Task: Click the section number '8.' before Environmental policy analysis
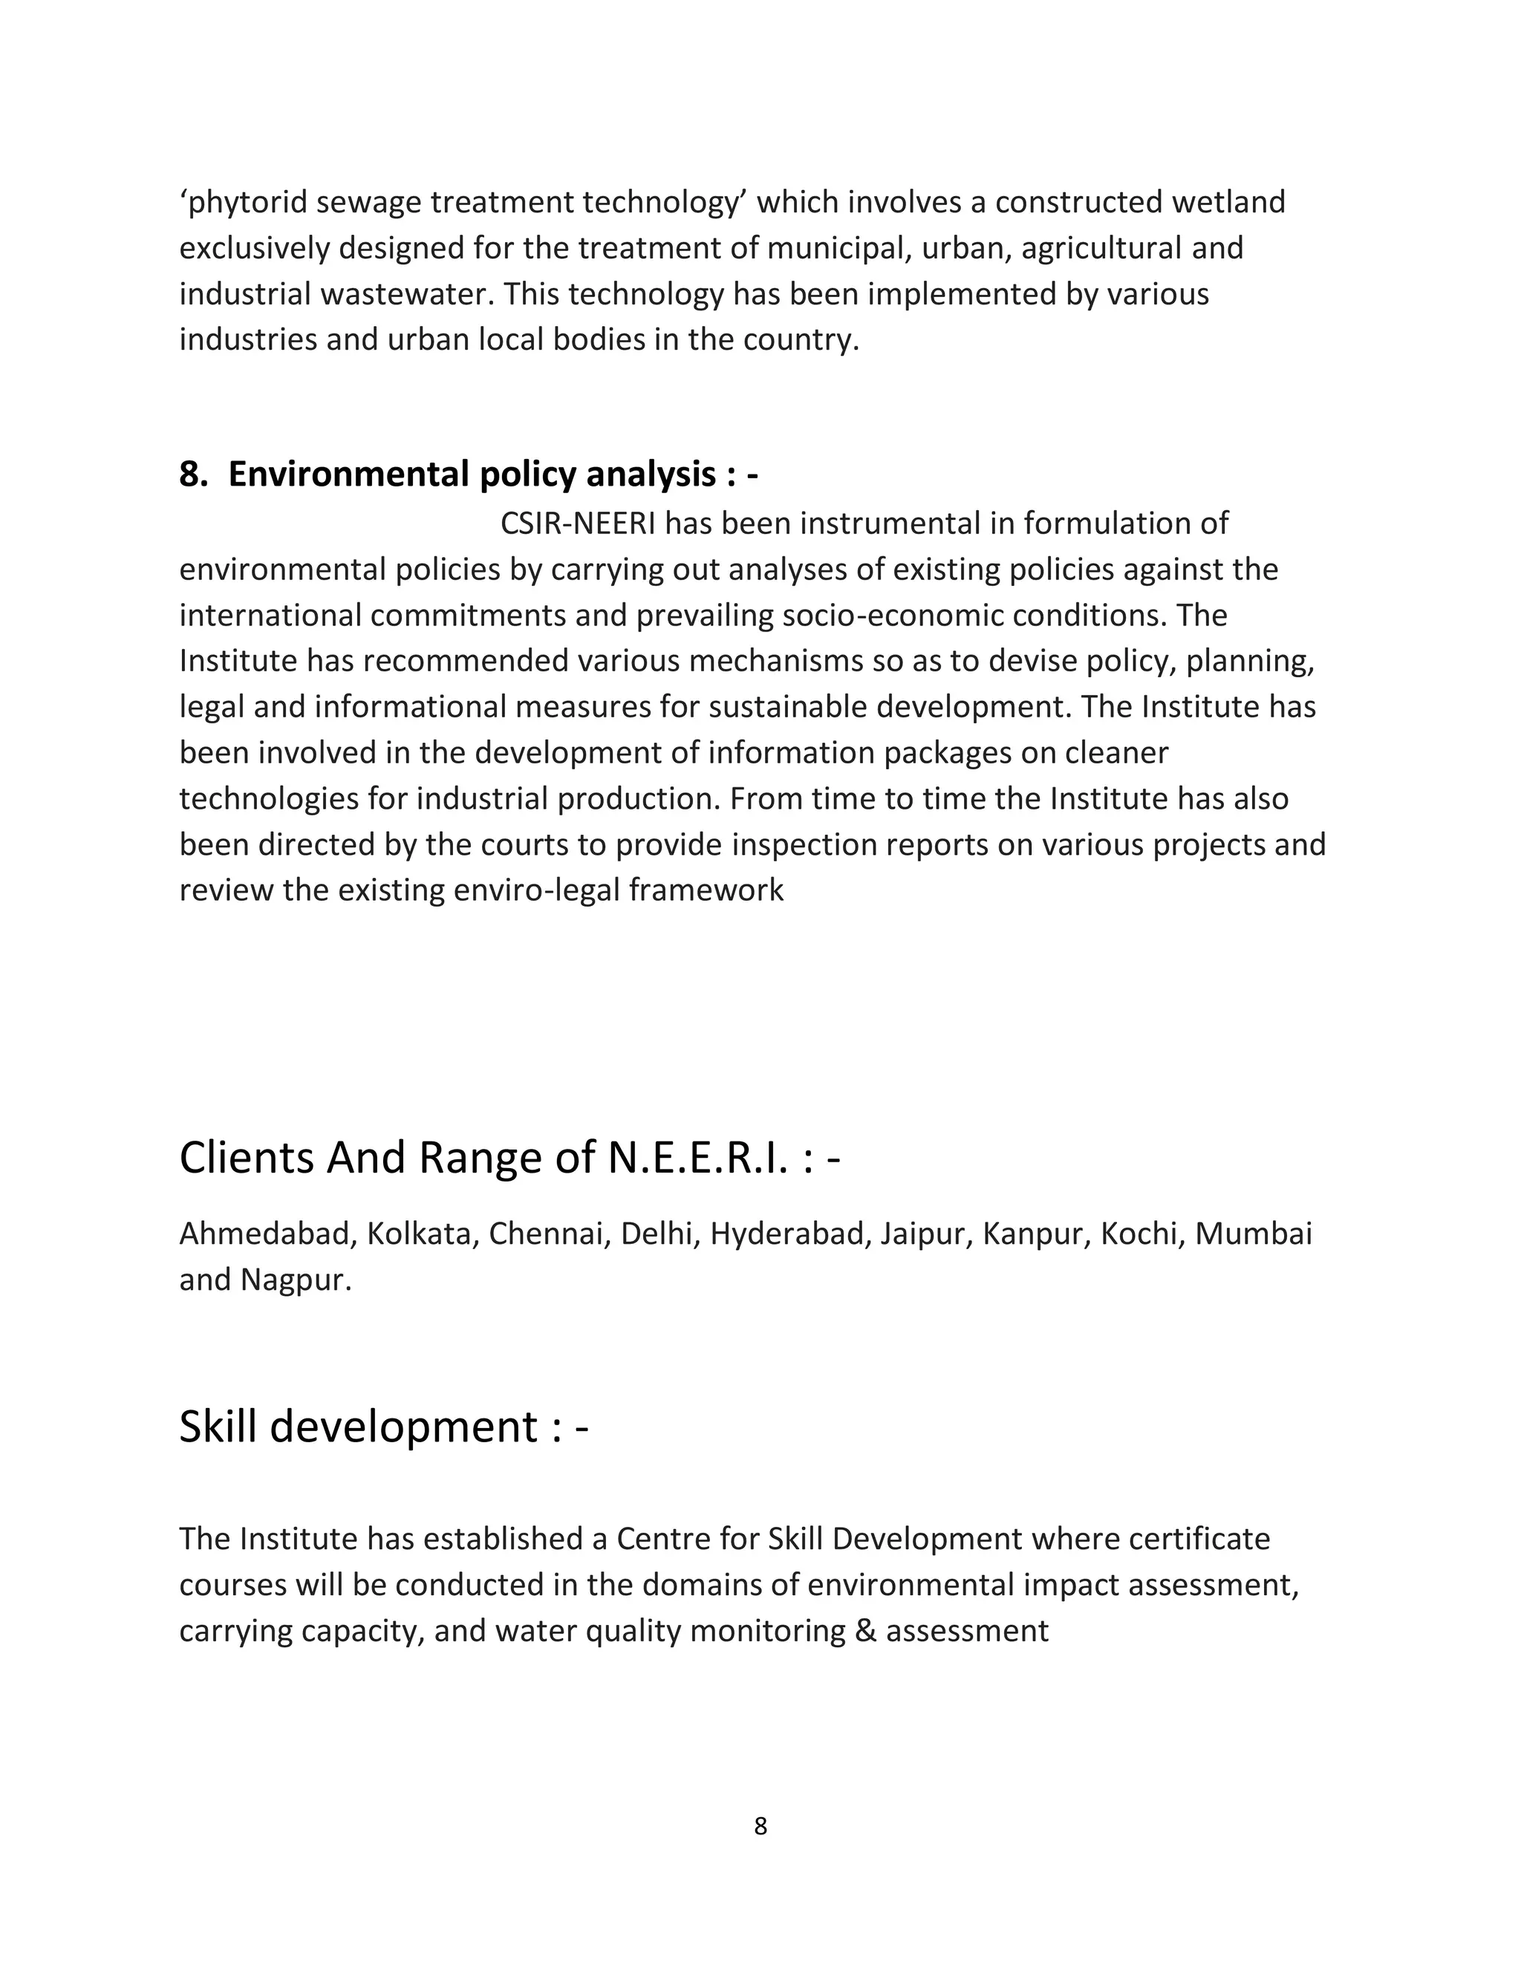pos(194,474)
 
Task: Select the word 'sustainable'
pos(789,707)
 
